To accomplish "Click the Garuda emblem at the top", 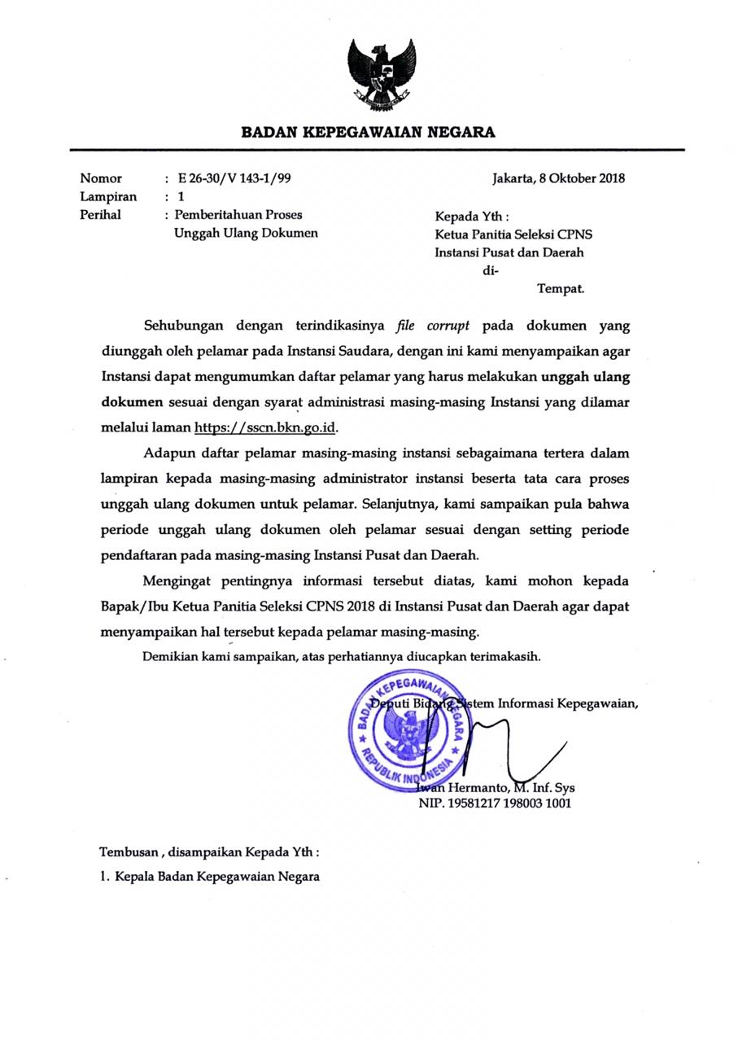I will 382,75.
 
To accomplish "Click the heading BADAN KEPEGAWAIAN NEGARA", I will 368,132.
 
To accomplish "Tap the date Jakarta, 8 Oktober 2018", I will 558,178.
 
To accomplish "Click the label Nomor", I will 101,178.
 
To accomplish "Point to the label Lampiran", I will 108,196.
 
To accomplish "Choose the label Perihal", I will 100,215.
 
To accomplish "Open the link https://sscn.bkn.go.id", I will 265,427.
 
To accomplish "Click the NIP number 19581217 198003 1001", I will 495,803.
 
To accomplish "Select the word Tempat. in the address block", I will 561,288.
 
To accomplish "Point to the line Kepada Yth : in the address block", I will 472,217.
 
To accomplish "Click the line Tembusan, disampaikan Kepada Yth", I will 209,852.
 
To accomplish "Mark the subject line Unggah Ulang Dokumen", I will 246,233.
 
